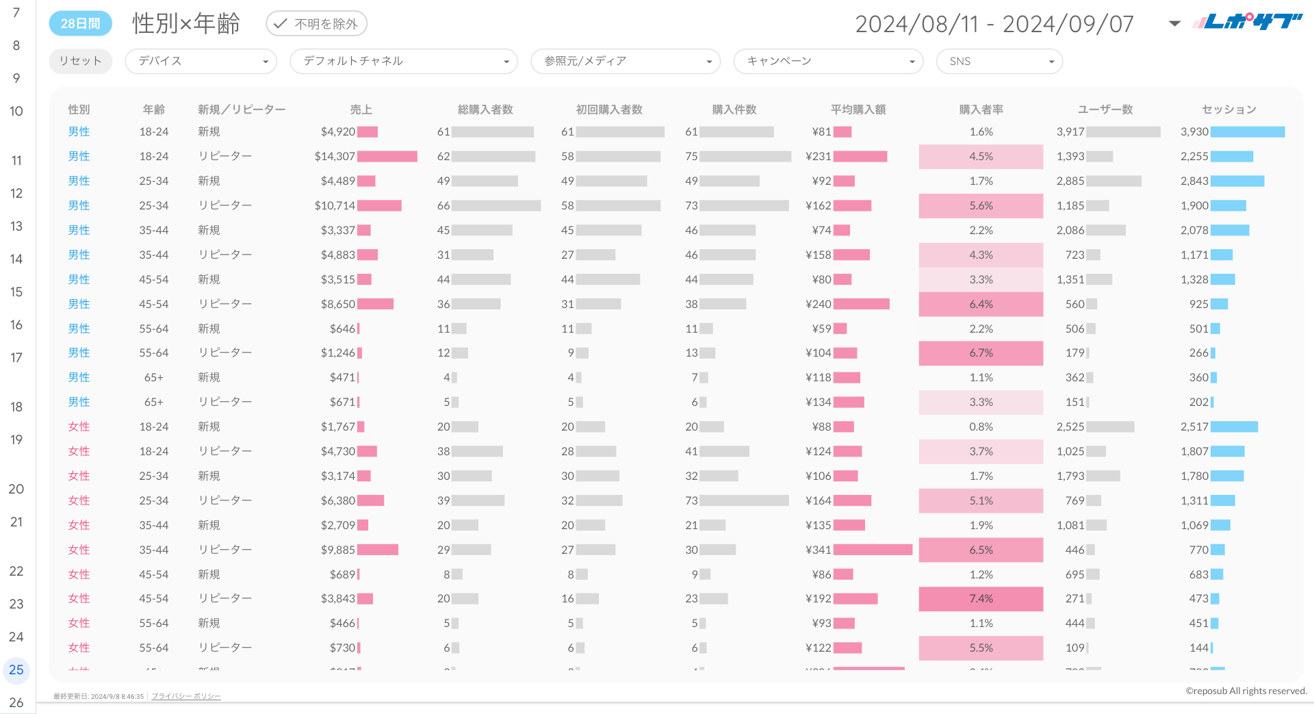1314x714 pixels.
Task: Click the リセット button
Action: click(x=80, y=61)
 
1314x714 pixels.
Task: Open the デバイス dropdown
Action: click(x=201, y=61)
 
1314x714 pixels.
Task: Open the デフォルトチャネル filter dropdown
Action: click(x=403, y=61)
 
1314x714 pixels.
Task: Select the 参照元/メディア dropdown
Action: click(x=625, y=61)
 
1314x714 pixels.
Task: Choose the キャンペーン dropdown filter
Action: click(x=828, y=61)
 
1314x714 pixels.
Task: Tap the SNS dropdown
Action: click(x=999, y=61)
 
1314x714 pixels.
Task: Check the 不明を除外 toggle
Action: click(x=316, y=24)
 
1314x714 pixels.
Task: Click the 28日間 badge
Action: click(x=80, y=24)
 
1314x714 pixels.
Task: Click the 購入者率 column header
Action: click(x=981, y=110)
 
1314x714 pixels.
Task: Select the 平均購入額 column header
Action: click(x=858, y=110)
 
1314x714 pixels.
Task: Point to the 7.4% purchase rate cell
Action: click(x=981, y=599)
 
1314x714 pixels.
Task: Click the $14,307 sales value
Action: click(x=335, y=157)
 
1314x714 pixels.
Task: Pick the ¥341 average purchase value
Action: click(x=819, y=550)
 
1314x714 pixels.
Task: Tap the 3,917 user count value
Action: click(x=1070, y=132)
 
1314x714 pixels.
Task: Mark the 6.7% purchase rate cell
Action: click(x=981, y=353)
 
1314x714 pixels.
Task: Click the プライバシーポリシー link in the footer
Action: click(x=186, y=696)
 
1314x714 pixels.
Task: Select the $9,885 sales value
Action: click(x=338, y=550)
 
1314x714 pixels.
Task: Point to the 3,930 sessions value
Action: click(x=1194, y=132)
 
